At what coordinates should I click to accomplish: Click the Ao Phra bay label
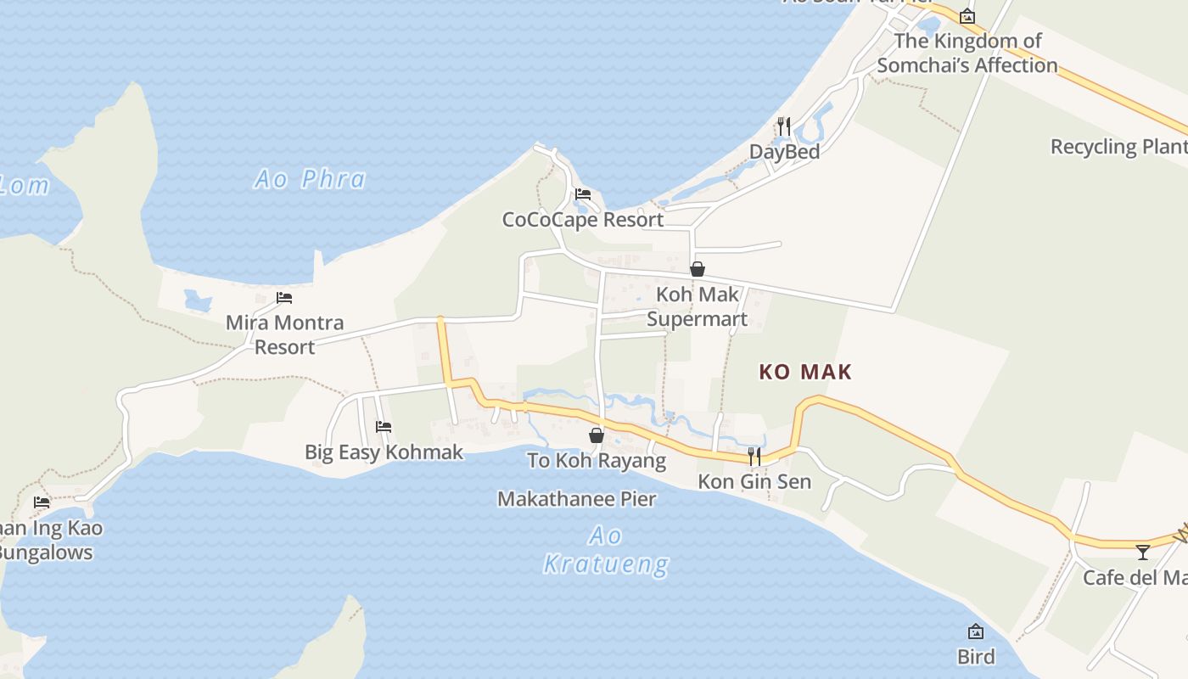[x=311, y=179]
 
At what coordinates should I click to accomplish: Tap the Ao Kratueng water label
[x=606, y=550]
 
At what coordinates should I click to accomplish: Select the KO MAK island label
[x=804, y=372]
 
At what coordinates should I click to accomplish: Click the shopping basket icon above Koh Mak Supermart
[x=698, y=269]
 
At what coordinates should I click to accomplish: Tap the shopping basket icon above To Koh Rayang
[x=597, y=435]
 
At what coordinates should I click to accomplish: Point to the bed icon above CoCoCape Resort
[x=583, y=194]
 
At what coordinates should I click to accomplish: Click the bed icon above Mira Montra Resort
[x=284, y=298]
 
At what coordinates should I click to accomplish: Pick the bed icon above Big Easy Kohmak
[x=384, y=426]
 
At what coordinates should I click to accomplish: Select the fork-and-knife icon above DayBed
[x=784, y=126]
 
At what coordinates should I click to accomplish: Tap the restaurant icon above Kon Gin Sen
[x=754, y=457]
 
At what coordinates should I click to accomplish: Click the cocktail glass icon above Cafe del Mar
[x=1143, y=553]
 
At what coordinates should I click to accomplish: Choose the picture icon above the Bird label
[x=976, y=631]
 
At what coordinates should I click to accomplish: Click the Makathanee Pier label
[x=576, y=499]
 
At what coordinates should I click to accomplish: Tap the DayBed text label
[x=784, y=152]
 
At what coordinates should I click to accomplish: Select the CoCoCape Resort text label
[x=583, y=220]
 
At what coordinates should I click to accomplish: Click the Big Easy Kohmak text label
[x=384, y=452]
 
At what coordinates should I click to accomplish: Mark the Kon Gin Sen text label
[x=754, y=482]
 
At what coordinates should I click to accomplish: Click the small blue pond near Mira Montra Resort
[x=198, y=300]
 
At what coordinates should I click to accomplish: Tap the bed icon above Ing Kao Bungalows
[x=42, y=502]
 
